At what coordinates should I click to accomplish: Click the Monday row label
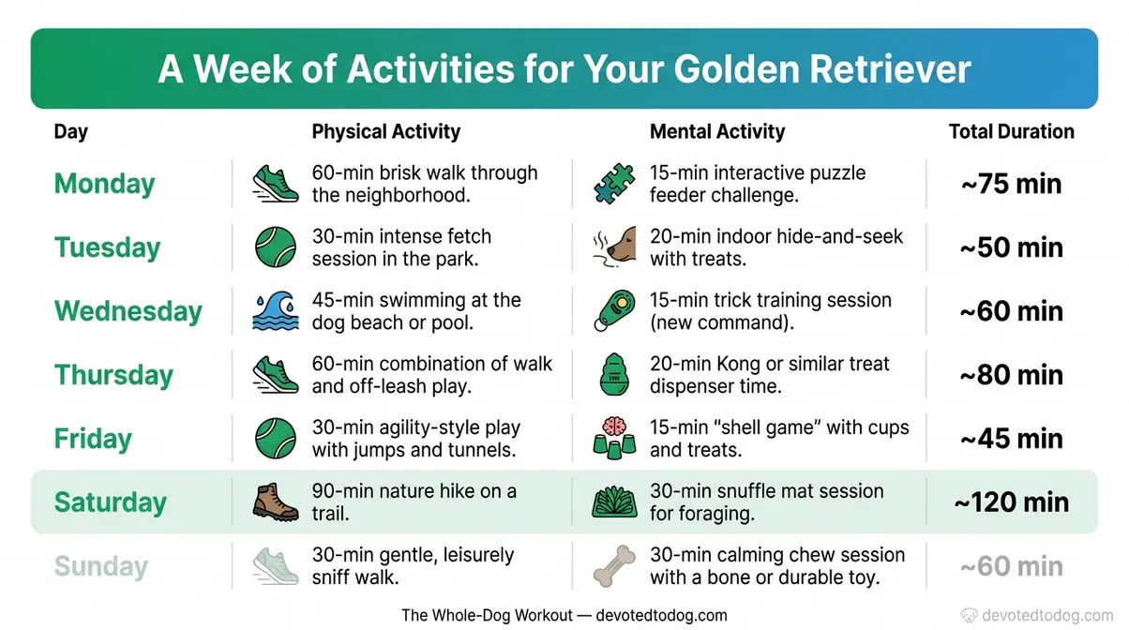[104, 183]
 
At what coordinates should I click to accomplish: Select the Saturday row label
[110, 502]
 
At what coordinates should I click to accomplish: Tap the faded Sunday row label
[100, 566]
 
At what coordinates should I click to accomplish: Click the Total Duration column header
[1011, 131]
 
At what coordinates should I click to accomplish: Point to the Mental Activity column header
[717, 131]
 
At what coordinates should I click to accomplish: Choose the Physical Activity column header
[385, 131]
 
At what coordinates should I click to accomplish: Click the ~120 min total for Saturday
[1011, 502]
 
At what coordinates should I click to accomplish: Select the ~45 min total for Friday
[1011, 438]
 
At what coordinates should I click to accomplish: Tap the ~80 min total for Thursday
[1011, 374]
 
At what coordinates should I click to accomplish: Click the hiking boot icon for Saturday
[276, 502]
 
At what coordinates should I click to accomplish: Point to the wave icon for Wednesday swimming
[276, 311]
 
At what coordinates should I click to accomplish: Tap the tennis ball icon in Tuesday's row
[276, 247]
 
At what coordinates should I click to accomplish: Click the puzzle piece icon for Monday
[614, 184]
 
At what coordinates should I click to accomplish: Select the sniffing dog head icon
[615, 247]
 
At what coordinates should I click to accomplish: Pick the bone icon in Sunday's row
[614, 566]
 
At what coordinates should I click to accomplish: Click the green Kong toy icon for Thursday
[614, 375]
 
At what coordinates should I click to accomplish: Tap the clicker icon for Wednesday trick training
[614, 311]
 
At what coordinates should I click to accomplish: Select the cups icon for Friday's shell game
[614, 438]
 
